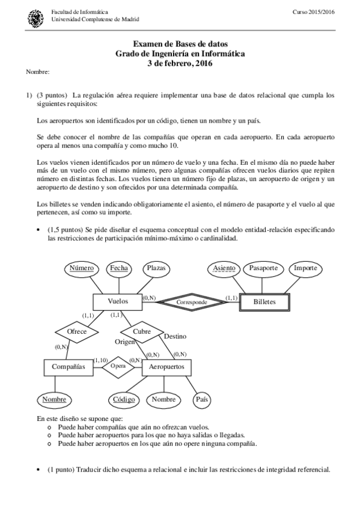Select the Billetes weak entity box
pyautogui.click(x=264, y=302)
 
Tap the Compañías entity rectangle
pyautogui.click(x=68, y=366)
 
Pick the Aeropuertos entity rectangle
pyautogui.click(x=166, y=366)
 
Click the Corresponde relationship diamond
pyautogui.click(x=192, y=302)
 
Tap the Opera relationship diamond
pyautogui.click(x=118, y=366)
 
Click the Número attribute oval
pyautogui.click(x=82, y=268)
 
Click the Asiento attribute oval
pyautogui.click(x=224, y=268)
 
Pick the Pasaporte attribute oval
pyautogui.click(x=263, y=268)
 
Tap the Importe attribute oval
pyautogui.click(x=305, y=268)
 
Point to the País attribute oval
pyautogui.click(x=202, y=399)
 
